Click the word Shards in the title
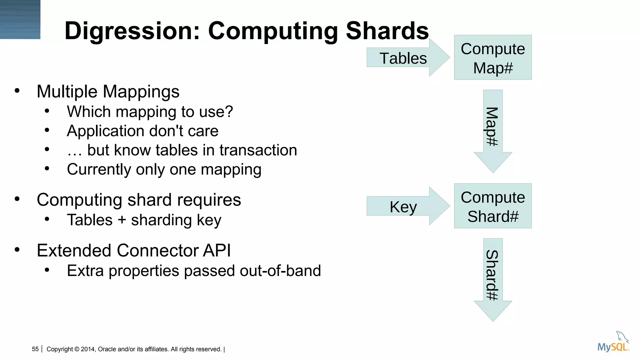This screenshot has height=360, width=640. coord(387,31)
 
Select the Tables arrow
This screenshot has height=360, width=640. coord(403,58)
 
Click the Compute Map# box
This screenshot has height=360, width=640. coord(493,57)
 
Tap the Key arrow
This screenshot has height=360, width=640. coord(403,207)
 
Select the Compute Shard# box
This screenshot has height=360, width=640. coord(493,206)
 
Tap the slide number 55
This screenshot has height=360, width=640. coord(35,349)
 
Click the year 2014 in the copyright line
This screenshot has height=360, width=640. coord(88,349)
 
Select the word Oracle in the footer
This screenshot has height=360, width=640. coord(106,349)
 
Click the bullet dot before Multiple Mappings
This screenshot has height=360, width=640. coord(17,91)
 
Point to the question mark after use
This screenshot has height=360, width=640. coord(229,112)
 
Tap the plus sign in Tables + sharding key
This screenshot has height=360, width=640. coord(122,220)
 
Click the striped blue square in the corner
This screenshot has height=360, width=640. coord(20,19)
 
